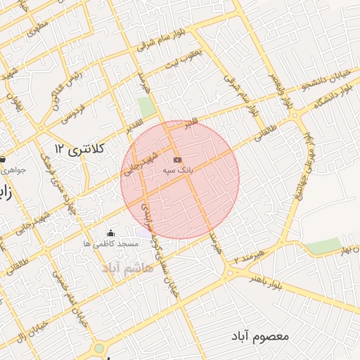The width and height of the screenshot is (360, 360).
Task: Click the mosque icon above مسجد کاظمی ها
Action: point(109,233)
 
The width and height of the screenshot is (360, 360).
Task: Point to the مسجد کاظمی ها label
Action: point(110,243)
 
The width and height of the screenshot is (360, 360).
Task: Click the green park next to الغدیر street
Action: point(146,108)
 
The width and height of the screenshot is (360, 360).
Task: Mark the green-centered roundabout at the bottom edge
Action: point(99,348)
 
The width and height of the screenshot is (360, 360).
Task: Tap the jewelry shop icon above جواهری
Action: point(4,159)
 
